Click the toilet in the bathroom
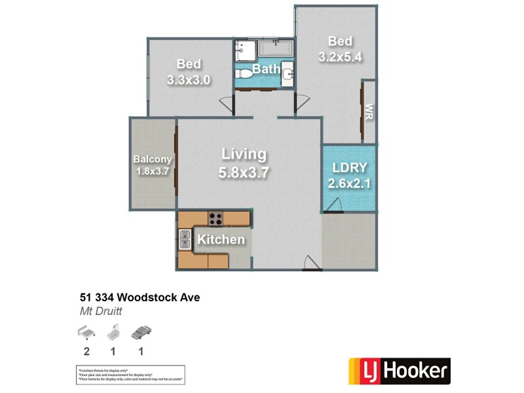click(x=244, y=73)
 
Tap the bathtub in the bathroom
click(x=276, y=49)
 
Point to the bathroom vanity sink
click(x=287, y=75)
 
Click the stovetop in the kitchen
click(x=215, y=218)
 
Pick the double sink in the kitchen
click(x=185, y=240)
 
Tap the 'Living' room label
click(x=244, y=155)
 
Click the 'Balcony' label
click(x=153, y=159)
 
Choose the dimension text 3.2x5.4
click(x=340, y=57)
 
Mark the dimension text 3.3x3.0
click(x=189, y=80)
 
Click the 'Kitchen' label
click(x=221, y=240)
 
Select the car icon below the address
click(x=141, y=333)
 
